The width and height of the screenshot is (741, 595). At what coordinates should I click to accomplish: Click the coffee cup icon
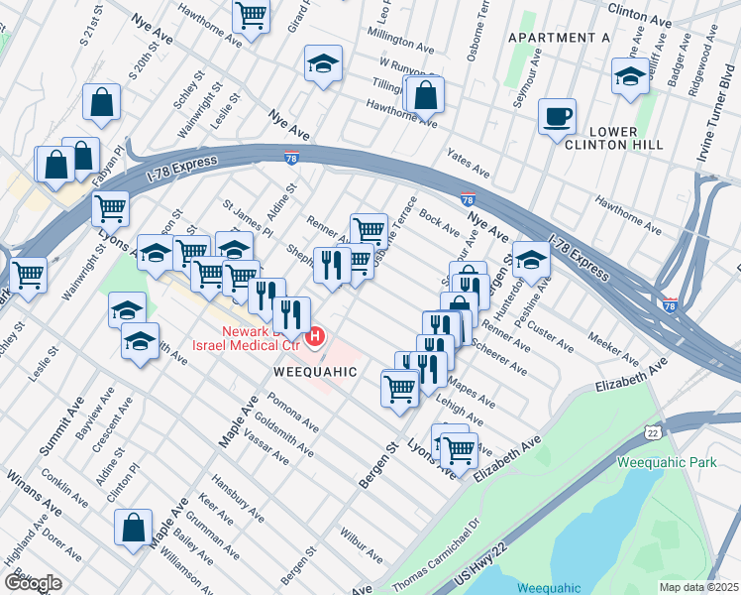(557, 116)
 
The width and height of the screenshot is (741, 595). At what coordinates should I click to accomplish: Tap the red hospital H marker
(315, 337)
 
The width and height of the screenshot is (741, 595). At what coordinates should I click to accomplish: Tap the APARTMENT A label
(558, 38)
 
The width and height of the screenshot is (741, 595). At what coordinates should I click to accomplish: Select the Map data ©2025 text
(699, 587)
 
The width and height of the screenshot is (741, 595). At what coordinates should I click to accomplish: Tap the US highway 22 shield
(651, 432)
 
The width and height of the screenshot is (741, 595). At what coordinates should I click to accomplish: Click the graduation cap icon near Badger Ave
(630, 77)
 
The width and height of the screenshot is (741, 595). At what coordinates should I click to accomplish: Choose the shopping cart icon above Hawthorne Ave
(252, 16)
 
